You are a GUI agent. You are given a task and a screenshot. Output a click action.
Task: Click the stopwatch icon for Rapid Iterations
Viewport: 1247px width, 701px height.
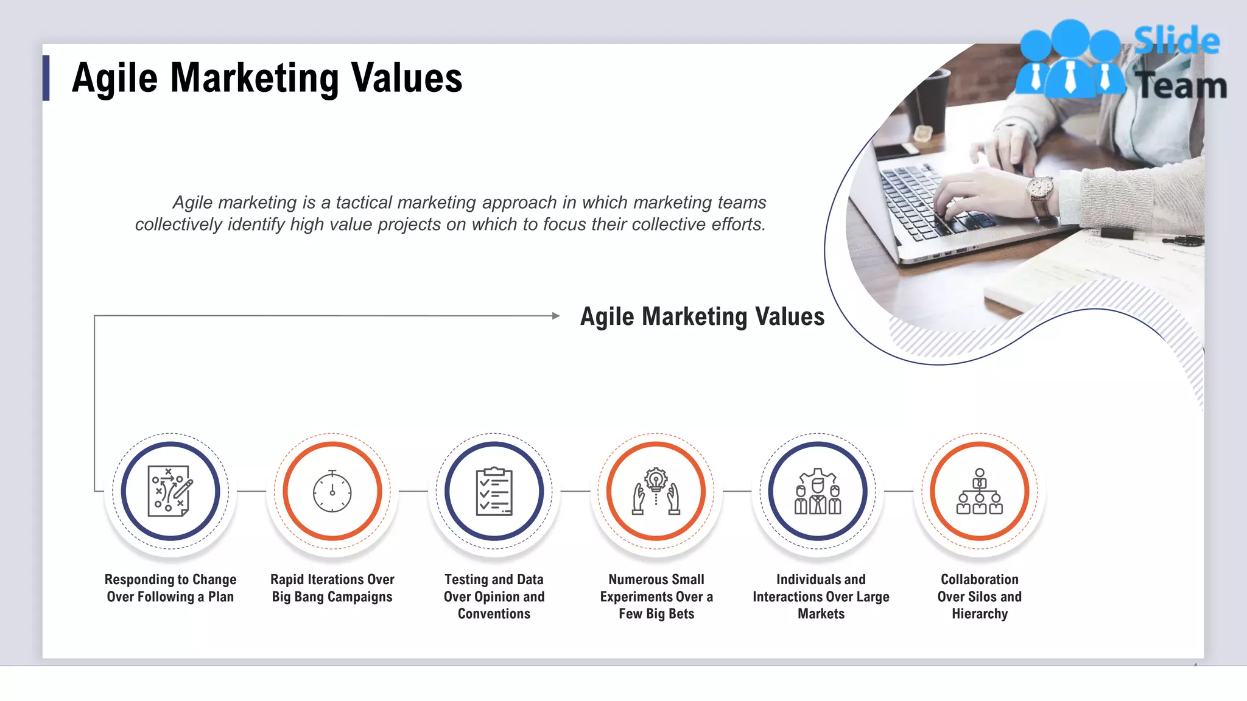coord(332,490)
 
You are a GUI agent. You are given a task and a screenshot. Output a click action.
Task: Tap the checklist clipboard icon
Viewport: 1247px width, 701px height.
coord(494,491)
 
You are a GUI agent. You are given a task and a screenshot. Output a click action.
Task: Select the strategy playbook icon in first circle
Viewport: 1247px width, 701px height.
coord(170,491)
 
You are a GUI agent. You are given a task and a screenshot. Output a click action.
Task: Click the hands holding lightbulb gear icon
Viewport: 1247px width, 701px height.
coord(656,491)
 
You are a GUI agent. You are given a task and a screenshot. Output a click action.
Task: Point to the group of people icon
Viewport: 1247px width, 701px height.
coord(818,491)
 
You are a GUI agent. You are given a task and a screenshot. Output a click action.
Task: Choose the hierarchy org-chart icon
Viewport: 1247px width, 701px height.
coord(979,491)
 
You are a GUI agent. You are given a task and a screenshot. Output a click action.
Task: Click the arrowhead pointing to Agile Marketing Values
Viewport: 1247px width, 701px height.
coord(555,316)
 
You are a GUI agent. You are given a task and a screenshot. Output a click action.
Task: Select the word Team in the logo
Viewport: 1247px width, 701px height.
coord(1181,85)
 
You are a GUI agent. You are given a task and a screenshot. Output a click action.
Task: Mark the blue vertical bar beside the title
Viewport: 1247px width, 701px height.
coord(46,78)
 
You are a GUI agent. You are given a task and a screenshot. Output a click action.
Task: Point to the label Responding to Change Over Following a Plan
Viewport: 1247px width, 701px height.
coord(170,588)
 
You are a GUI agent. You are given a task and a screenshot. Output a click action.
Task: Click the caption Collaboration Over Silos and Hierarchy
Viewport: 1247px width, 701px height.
coord(979,596)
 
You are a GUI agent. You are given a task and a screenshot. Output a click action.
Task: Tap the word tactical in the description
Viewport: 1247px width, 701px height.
coord(365,202)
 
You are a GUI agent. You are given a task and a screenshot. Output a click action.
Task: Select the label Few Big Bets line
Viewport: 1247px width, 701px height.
coord(656,614)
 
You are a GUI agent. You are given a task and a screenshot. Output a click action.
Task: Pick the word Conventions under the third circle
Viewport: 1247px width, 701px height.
coord(494,614)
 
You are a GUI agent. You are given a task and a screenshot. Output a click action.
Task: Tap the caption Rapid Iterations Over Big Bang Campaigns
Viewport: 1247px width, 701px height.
coord(332,588)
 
